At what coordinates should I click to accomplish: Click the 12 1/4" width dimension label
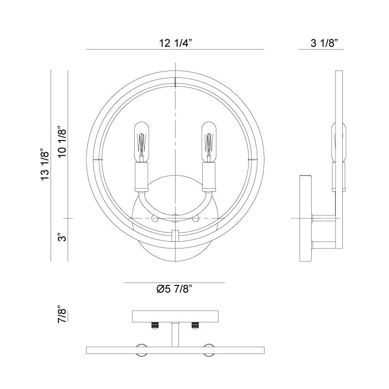pos(176,43)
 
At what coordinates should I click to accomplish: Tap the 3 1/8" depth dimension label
pos(324,43)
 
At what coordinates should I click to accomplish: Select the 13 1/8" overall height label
pos(45,165)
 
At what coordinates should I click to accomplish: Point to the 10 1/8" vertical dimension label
pos(62,143)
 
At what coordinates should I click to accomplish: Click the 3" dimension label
pos(62,237)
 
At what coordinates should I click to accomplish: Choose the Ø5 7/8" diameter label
pos(175,289)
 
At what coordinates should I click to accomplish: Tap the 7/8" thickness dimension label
pos(62,314)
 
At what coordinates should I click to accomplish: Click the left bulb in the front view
pos(141,142)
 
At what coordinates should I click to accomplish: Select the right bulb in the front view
pos(209,142)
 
